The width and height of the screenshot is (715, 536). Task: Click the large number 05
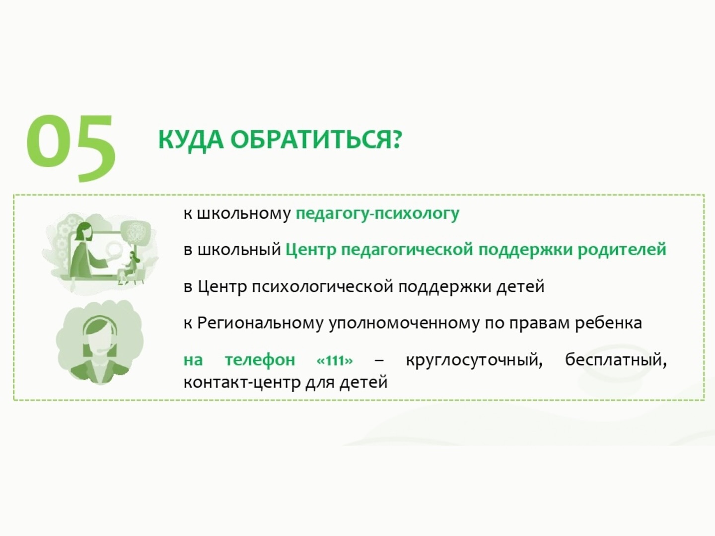tap(71, 148)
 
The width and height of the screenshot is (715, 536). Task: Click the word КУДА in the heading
tap(191, 140)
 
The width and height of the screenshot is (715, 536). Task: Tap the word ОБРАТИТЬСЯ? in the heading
tap(316, 140)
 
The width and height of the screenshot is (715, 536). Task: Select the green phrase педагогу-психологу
tap(377, 214)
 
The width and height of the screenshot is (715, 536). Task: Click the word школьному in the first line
tap(244, 214)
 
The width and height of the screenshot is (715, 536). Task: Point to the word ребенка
tap(608, 324)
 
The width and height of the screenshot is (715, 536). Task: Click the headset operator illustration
tap(100, 342)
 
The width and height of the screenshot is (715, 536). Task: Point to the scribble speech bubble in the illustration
tap(135, 232)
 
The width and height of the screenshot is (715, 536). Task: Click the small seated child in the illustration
tap(131, 267)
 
